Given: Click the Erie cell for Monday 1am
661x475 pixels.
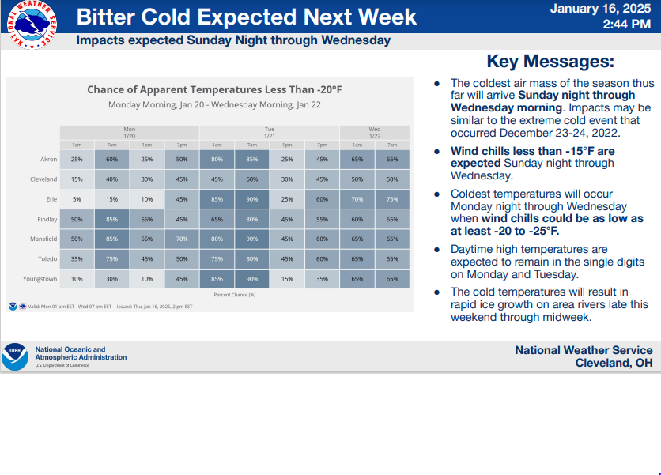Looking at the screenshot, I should pyautogui.click(x=77, y=199).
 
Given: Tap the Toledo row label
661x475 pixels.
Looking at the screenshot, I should pyautogui.click(x=47, y=258).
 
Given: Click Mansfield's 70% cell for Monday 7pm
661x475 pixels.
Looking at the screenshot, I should pyautogui.click(x=182, y=239).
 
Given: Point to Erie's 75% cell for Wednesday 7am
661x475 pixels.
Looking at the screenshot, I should pyautogui.click(x=392, y=199).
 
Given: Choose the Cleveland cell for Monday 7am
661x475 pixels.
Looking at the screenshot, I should pyautogui.click(x=111, y=179).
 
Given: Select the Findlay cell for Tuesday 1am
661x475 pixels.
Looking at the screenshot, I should pyautogui.click(x=217, y=219).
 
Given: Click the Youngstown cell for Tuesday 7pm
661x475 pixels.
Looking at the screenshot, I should pyautogui.click(x=322, y=278).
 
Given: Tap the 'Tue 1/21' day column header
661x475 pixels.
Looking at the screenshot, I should pyautogui.click(x=270, y=131).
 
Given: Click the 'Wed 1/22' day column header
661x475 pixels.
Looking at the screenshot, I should pyautogui.click(x=375, y=131).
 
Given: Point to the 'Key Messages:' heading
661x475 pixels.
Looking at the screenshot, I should pyautogui.click(x=550, y=62).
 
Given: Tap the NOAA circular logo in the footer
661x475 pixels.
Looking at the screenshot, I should pyautogui.click(x=14, y=356).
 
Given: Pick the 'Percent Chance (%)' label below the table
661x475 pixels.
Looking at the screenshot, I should pyautogui.click(x=234, y=294).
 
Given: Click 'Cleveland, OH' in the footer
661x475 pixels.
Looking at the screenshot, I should pyautogui.click(x=614, y=363).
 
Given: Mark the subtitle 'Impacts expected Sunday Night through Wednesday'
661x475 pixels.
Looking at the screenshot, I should pyautogui.click(x=233, y=40).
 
